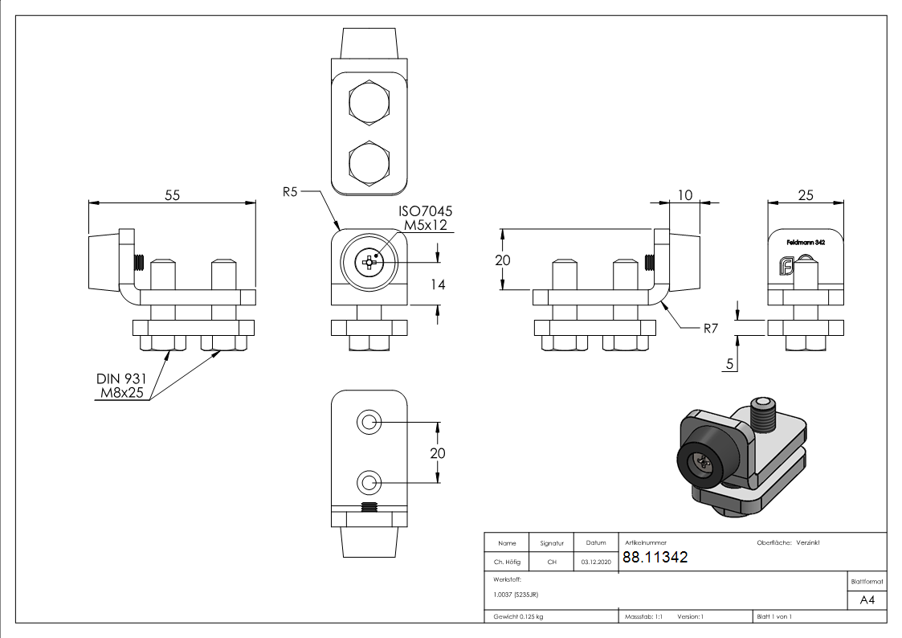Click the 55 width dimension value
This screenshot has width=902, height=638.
click(x=172, y=195)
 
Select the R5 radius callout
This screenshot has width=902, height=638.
click(x=292, y=192)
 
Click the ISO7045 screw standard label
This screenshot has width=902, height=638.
click(x=426, y=211)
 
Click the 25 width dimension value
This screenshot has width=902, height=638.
click(x=806, y=195)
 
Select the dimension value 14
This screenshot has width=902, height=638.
click(x=438, y=284)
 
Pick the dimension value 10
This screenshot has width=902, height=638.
click(x=684, y=195)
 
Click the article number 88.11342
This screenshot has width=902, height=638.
click(x=655, y=558)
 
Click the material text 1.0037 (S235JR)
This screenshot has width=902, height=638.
click(x=516, y=595)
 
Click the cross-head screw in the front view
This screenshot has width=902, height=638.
click(x=369, y=261)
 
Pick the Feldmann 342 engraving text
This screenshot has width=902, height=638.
click(x=806, y=242)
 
